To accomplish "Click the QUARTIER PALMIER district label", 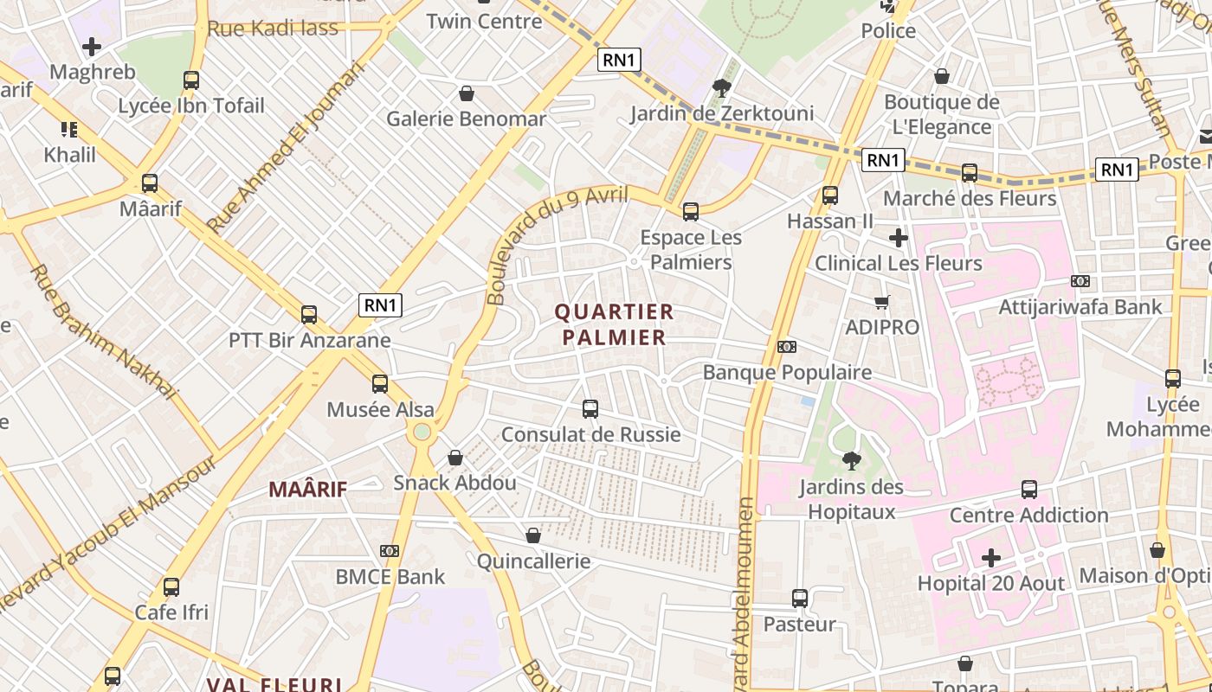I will pyautogui.click(x=614, y=324).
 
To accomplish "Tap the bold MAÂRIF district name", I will pyautogui.click(x=307, y=490).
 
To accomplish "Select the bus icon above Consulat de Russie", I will pyautogui.click(x=590, y=408).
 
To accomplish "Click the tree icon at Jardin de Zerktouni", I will pyautogui.click(x=720, y=86).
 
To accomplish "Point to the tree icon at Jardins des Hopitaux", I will pyautogui.click(x=852, y=460).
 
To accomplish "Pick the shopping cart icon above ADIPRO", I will pyautogui.click(x=881, y=302).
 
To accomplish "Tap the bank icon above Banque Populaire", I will pyautogui.click(x=787, y=347).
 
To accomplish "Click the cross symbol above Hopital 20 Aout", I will pyautogui.click(x=991, y=558).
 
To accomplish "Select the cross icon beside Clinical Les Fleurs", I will pyautogui.click(x=899, y=237).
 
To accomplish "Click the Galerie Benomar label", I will pyautogui.click(x=466, y=119).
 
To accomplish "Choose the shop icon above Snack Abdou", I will pyautogui.click(x=455, y=458).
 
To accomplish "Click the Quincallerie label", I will pyautogui.click(x=533, y=561).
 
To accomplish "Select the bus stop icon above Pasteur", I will pyautogui.click(x=800, y=598).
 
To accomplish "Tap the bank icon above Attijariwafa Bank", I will pyautogui.click(x=1080, y=281).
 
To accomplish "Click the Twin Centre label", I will pyautogui.click(x=484, y=21).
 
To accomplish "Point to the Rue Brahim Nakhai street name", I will pyautogui.click(x=102, y=332).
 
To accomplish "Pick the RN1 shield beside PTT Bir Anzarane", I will pyautogui.click(x=381, y=304).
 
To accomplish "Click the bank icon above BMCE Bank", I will pyautogui.click(x=390, y=551).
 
